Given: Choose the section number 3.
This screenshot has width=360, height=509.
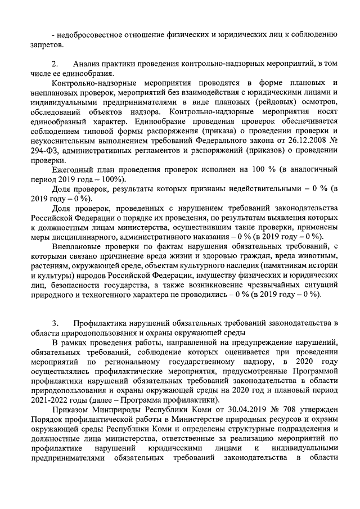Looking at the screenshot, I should (x=55, y=323).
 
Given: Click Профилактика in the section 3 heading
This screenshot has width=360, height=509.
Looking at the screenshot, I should (x=101, y=323).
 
